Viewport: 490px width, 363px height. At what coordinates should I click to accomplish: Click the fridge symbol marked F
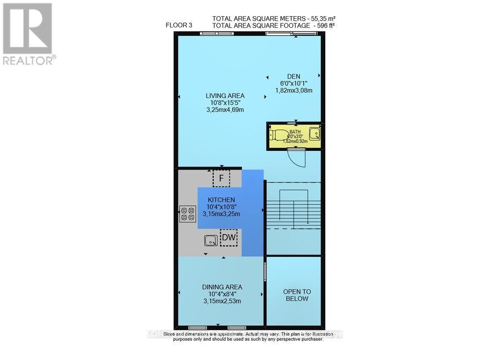tap(221, 178)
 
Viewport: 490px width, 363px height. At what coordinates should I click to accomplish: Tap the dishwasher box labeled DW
tap(228, 238)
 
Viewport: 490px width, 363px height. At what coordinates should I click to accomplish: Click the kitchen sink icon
tap(211, 240)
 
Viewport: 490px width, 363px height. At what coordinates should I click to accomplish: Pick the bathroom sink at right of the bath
tap(316, 133)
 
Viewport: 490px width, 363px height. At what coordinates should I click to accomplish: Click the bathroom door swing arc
tap(296, 158)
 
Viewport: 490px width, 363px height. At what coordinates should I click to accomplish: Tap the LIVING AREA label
tap(225, 96)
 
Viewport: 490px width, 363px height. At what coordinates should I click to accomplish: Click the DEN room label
tap(294, 76)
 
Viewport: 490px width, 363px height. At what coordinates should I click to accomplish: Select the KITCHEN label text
tap(221, 200)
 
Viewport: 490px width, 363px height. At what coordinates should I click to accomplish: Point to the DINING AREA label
tap(222, 287)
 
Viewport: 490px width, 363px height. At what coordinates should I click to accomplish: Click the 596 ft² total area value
tap(323, 25)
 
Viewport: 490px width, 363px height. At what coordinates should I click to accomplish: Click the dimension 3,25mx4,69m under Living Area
tap(225, 110)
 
